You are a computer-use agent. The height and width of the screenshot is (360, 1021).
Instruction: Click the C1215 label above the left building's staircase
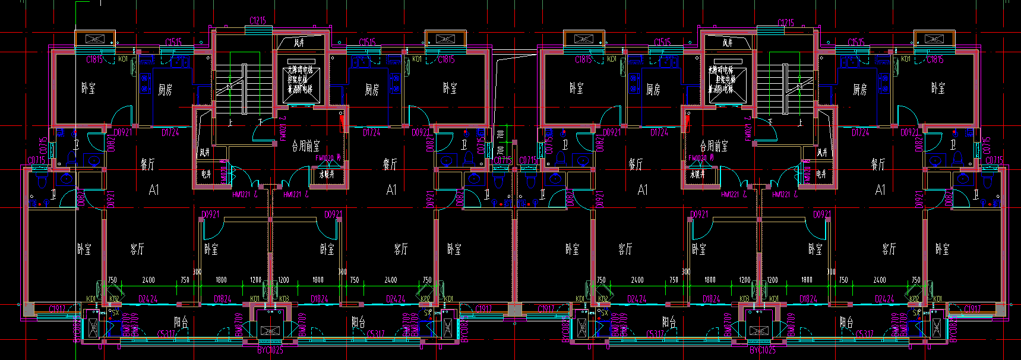point(258,21)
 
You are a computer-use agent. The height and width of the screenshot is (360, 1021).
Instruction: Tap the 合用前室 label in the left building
point(306,146)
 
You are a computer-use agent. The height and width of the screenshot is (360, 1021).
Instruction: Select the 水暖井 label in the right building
point(697,174)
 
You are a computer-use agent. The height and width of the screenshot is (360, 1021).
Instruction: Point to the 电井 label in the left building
point(206,174)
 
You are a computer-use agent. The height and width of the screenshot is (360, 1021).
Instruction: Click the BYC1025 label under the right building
point(762,350)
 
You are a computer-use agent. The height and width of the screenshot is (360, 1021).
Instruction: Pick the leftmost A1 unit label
point(154,190)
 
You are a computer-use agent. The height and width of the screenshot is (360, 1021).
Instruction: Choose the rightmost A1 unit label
point(880,190)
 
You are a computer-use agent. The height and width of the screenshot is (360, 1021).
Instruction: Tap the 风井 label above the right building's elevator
point(728,43)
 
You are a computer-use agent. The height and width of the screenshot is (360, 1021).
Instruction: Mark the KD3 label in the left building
point(284,299)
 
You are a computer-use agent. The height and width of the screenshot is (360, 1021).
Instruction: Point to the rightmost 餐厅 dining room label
point(878,164)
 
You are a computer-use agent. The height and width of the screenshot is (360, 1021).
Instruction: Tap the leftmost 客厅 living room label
point(137,249)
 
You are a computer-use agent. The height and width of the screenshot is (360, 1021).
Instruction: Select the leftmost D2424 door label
point(148,299)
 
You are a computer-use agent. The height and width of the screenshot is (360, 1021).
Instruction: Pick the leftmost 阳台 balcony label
point(181,323)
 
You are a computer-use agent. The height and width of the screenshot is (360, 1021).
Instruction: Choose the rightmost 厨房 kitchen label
point(859,90)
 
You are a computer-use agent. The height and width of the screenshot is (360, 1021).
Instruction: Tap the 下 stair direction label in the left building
point(260,122)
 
